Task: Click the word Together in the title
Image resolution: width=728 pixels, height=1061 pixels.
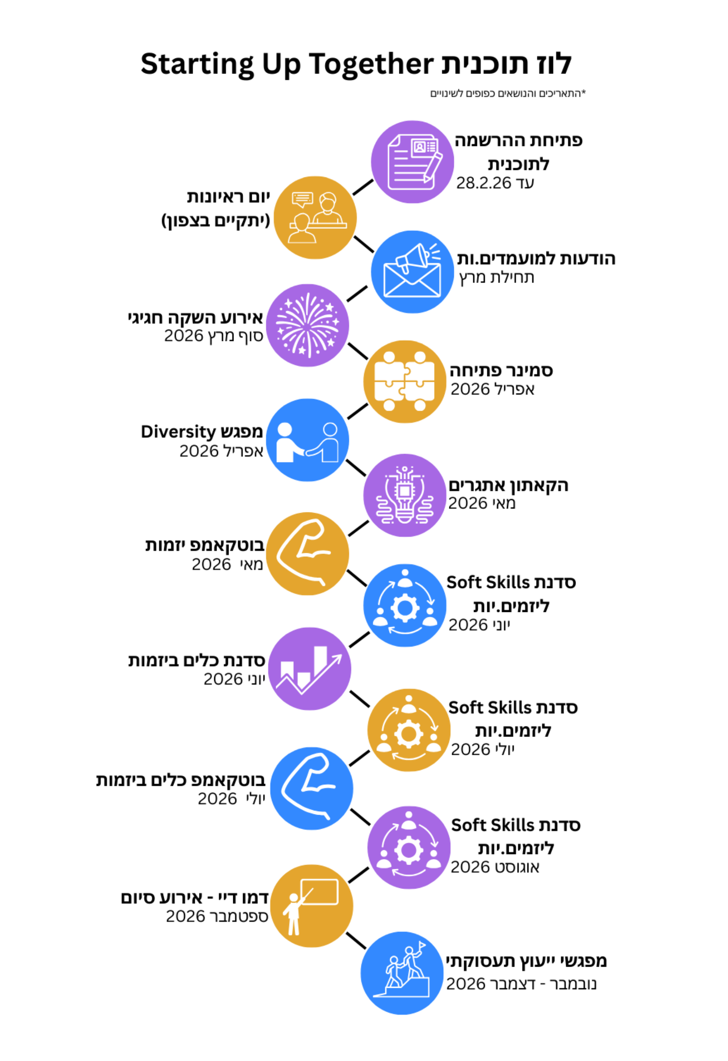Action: tap(370, 64)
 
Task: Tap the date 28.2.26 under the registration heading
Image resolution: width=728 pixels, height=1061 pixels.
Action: tap(483, 183)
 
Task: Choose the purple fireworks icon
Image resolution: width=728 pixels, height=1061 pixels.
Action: tap(308, 325)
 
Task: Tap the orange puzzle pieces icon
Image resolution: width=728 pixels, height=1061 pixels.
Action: tap(405, 382)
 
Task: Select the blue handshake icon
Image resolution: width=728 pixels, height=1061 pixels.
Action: tap(308, 440)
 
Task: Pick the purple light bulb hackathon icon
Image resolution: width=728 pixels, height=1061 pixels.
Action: tap(405, 495)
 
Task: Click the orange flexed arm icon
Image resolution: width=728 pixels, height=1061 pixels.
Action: tap(308, 554)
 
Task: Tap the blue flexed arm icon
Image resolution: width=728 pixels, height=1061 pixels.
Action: tap(311, 789)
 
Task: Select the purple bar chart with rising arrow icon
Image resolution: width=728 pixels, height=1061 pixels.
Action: tap(310, 669)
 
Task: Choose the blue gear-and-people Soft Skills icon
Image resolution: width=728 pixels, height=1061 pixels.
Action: tap(405, 606)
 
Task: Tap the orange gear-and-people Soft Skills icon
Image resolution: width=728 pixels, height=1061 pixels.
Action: tap(409, 731)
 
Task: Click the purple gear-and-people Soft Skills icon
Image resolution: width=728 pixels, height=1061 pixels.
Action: tap(409, 848)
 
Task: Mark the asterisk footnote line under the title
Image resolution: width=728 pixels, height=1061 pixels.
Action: tap(507, 94)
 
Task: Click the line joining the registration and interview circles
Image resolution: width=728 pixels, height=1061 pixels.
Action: tap(363, 187)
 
